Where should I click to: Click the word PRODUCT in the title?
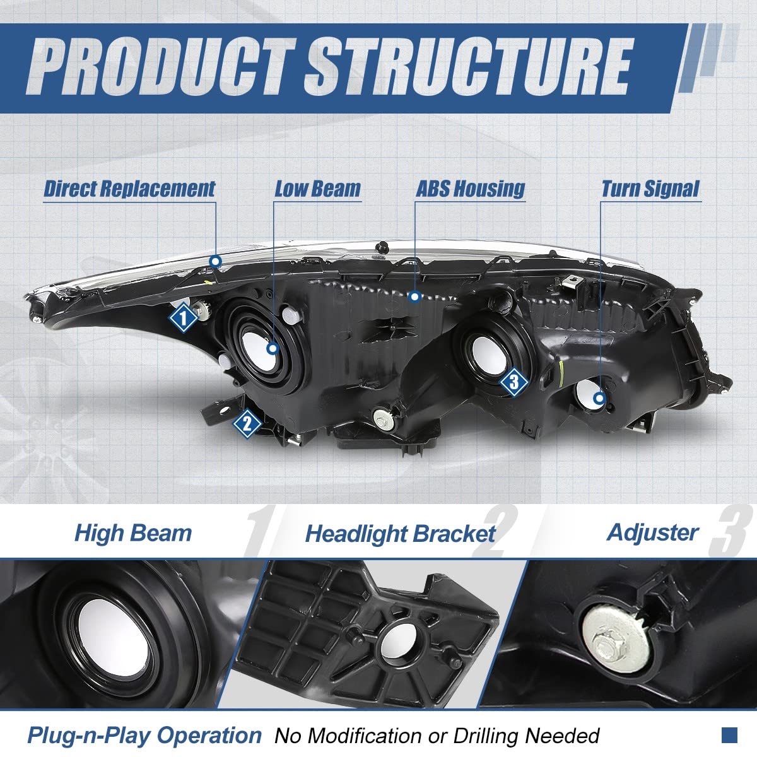tap(163, 66)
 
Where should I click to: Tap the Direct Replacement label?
tap(129, 189)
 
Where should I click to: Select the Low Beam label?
tap(317, 189)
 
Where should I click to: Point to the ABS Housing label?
tap(470, 189)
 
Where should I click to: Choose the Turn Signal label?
tap(650, 189)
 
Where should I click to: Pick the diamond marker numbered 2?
tap(247, 423)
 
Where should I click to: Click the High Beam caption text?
tap(132, 533)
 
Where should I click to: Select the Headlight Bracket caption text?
tap(400, 534)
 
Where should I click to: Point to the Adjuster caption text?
tap(652, 532)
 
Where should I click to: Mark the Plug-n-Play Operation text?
tap(144, 735)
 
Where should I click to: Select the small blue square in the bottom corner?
tap(729, 734)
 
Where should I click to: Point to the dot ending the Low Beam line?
tap(273, 348)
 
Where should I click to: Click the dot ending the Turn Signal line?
tap(599, 398)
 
